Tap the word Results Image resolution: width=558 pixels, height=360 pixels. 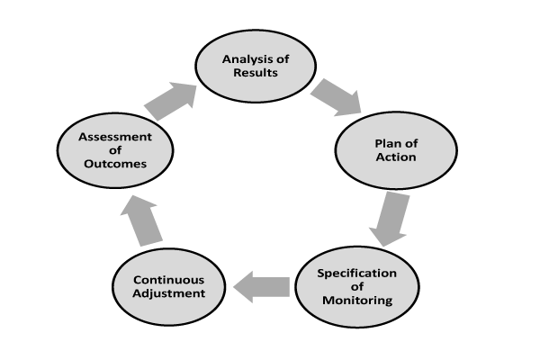click(x=256, y=73)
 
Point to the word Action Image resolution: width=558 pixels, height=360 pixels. click(x=396, y=157)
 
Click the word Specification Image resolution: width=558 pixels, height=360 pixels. click(x=357, y=274)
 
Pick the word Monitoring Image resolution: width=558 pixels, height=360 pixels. click(x=357, y=301)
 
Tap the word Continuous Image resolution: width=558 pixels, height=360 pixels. click(x=168, y=280)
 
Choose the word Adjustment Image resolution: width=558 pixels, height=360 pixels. click(x=168, y=293)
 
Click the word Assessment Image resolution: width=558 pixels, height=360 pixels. click(x=115, y=137)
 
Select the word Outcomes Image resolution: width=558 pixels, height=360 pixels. click(x=115, y=164)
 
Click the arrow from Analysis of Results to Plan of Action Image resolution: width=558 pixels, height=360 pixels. click(x=336, y=97)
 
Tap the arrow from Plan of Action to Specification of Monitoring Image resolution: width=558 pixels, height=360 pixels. click(x=390, y=219)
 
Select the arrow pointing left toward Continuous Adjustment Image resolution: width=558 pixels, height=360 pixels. click(x=262, y=287)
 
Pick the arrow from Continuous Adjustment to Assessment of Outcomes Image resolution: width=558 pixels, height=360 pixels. click(x=141, y=220)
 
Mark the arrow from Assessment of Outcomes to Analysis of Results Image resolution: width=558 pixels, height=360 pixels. click(x=170, y=102)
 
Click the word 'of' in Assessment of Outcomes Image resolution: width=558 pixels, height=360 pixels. click(x=115, y=150)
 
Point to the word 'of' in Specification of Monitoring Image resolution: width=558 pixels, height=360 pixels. click(x=357, y=287)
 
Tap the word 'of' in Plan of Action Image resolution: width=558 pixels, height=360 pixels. click(x=411, y=143)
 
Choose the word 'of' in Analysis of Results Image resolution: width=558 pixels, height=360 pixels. click(x=283, y=59)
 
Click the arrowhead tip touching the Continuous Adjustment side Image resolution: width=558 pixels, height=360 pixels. click(x=234, y=287)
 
